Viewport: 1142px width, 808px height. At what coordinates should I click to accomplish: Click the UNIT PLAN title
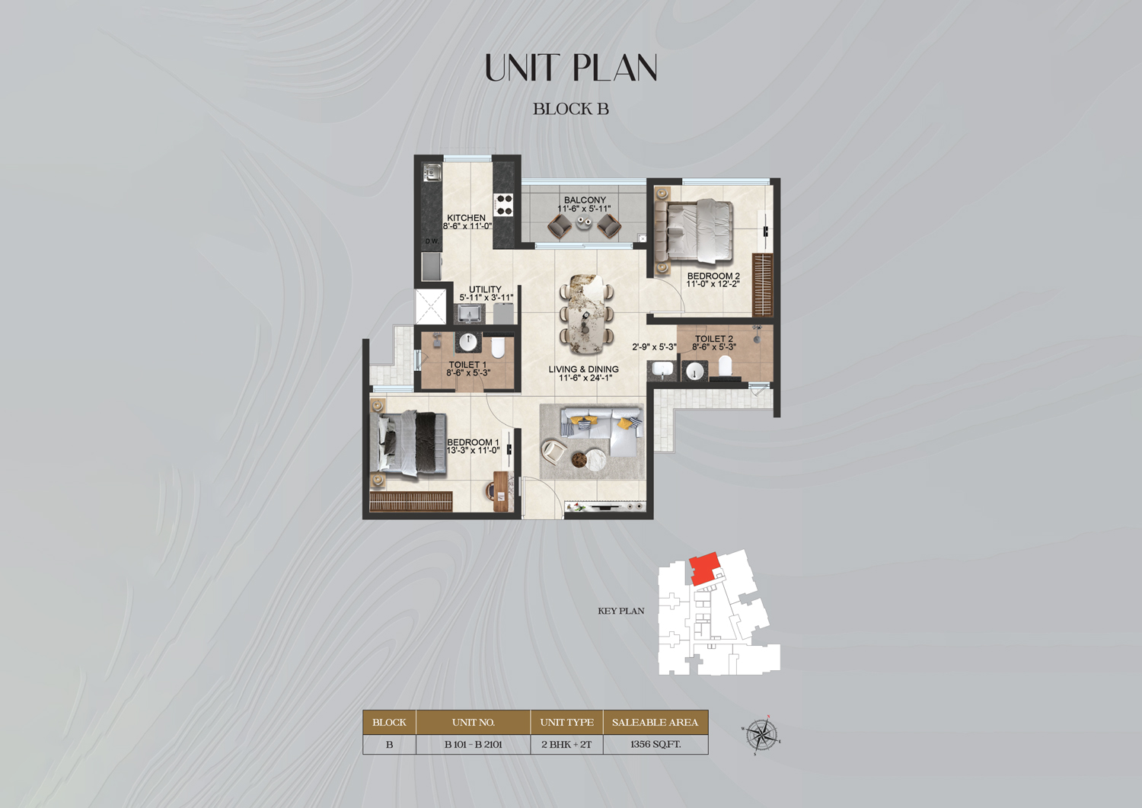[571, 68]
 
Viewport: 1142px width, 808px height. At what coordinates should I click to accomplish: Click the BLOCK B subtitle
[571, 109]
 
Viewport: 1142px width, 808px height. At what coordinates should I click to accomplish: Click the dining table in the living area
[585, 313]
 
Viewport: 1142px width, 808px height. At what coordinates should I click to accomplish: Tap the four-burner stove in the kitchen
[504, 204]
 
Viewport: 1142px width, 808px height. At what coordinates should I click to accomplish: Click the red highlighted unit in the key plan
[705, 569]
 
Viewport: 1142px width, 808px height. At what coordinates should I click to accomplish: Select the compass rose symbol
[761, 735]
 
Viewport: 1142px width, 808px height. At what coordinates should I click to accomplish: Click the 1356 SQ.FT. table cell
[655, 744]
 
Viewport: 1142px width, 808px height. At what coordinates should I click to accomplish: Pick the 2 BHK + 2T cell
[566, 744]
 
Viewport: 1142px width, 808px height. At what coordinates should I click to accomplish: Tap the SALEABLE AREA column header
[655, 722]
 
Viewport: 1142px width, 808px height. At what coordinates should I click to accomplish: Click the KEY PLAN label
[621, 611]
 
